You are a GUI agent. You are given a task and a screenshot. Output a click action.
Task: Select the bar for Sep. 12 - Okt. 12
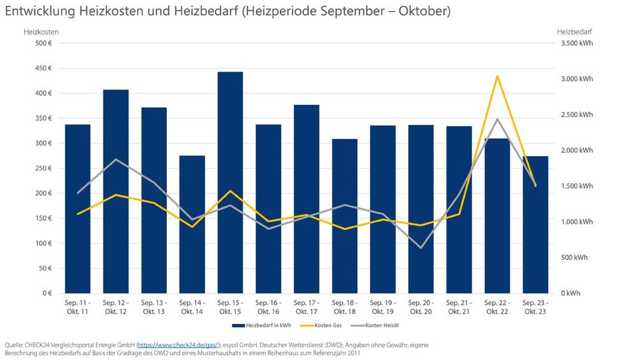click(116, 191)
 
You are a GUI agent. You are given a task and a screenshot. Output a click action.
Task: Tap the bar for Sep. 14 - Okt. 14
click(192, 224)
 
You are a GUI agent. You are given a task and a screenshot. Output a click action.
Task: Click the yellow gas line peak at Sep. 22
click(497, 76)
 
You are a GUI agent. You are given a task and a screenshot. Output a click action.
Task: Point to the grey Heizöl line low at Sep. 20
click(421, 247)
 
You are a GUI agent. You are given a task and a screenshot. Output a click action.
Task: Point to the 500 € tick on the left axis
click(43, 43)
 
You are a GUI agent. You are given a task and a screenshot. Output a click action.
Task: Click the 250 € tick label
click(43, 168)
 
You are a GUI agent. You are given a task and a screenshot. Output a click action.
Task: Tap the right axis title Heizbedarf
click(574, 31)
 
